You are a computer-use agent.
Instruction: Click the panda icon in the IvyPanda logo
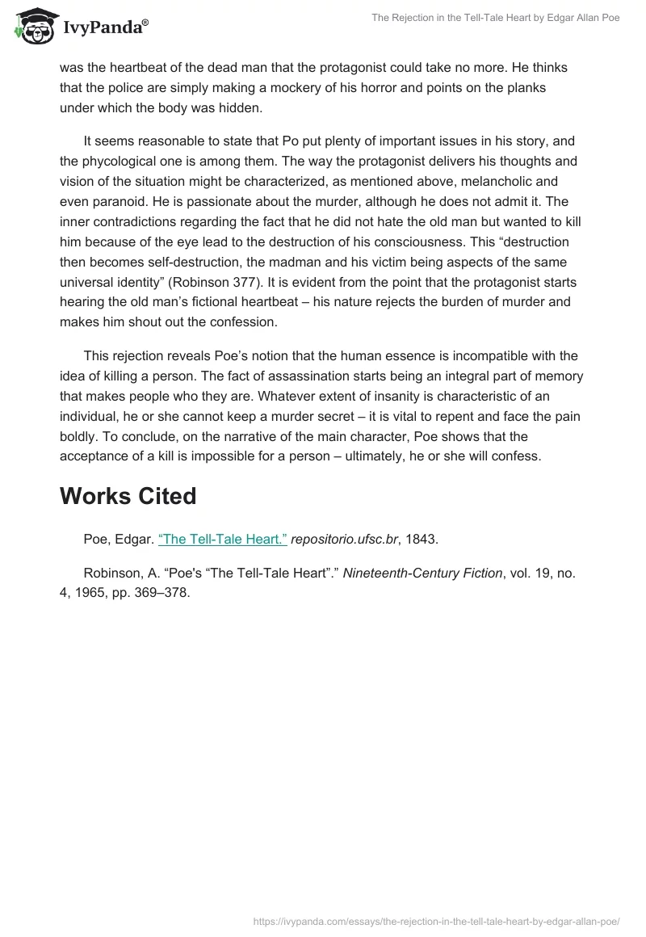point(31,24)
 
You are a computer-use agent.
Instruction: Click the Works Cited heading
point(128,496)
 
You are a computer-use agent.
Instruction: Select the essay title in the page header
point(495,18)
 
